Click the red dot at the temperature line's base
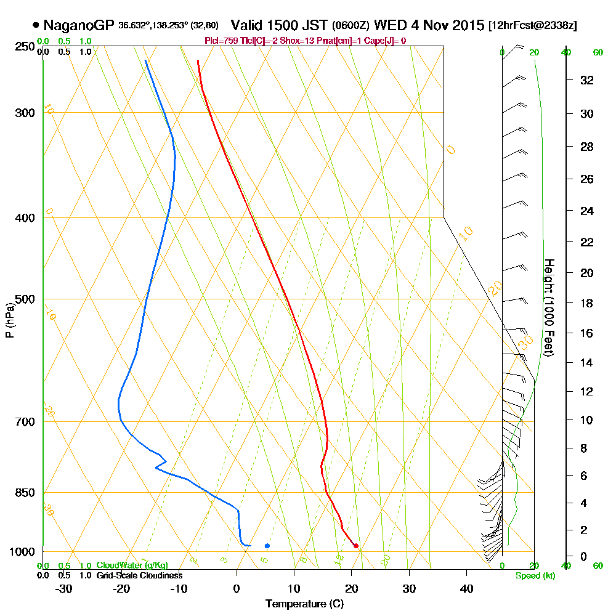pyautogui.click(x=356, y=546)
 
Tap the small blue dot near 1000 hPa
pyautogui.click(x=267, y=546)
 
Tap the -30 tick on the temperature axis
pyautogui.click(x=64, y=588)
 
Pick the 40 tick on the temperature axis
pyautogui.click(x=466, y=588)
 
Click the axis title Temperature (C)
pyautogui.click(x=304, y=604)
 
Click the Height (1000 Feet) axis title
pyautogui.click(x=549, y=307)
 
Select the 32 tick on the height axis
pyautogui.click(x=588, y=80)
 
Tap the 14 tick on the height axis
pyautogui.click(x=588, y=363)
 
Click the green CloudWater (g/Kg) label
pyautogui.click(x=132, y=565)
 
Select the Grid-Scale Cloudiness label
pyautogui.click(x=139, y=575)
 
